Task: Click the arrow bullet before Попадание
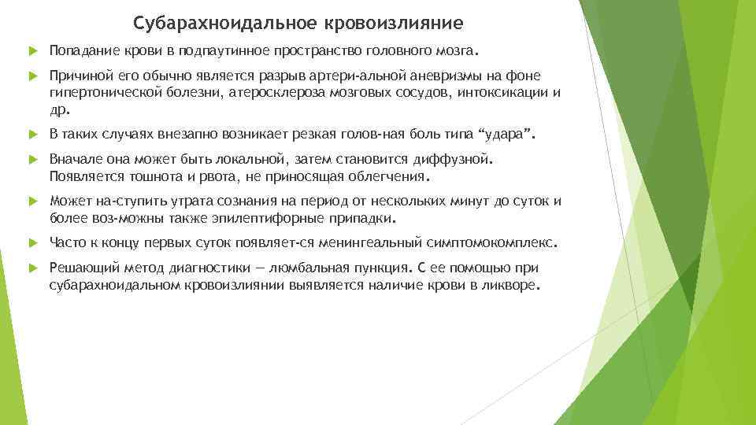[31, 51]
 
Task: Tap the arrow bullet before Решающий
[31, 268]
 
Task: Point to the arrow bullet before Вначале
[31, 159]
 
